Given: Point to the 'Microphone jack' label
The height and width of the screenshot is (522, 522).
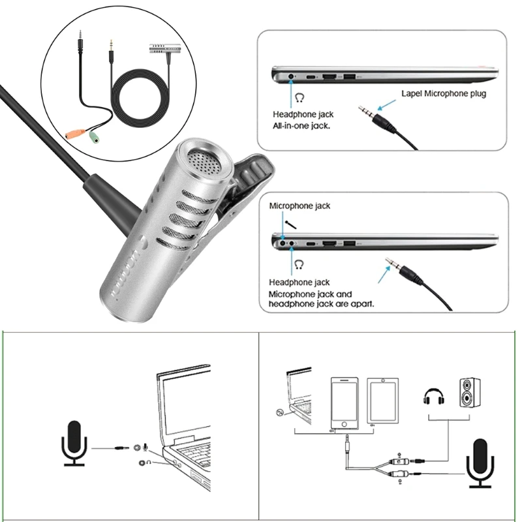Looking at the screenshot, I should click(x=299, y=206).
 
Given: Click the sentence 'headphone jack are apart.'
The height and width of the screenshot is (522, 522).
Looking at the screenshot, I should click(x=322, y=303).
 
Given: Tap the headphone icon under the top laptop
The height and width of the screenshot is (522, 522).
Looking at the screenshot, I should click(x=299, y=98).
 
